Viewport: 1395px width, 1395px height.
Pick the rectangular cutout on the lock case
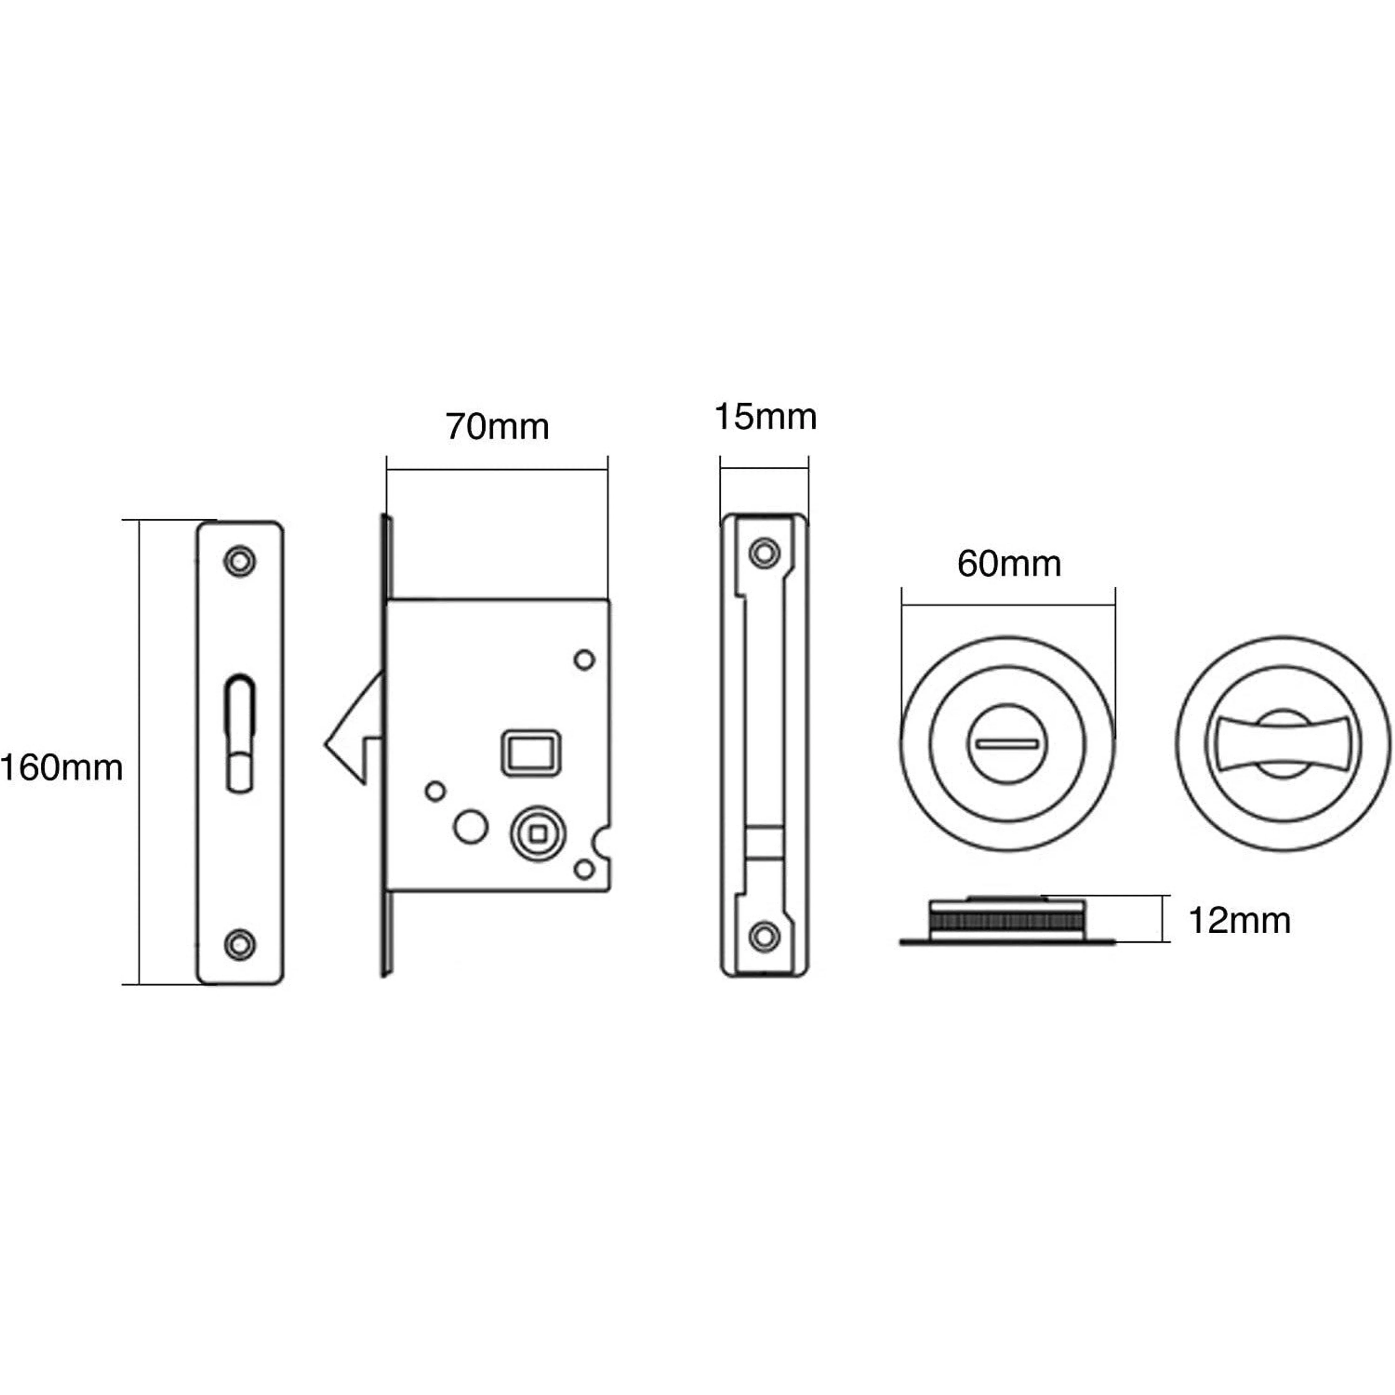(531, 753)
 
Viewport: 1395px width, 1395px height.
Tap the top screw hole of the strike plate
(764, 554)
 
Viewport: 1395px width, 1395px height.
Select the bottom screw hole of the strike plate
(764, 936)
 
